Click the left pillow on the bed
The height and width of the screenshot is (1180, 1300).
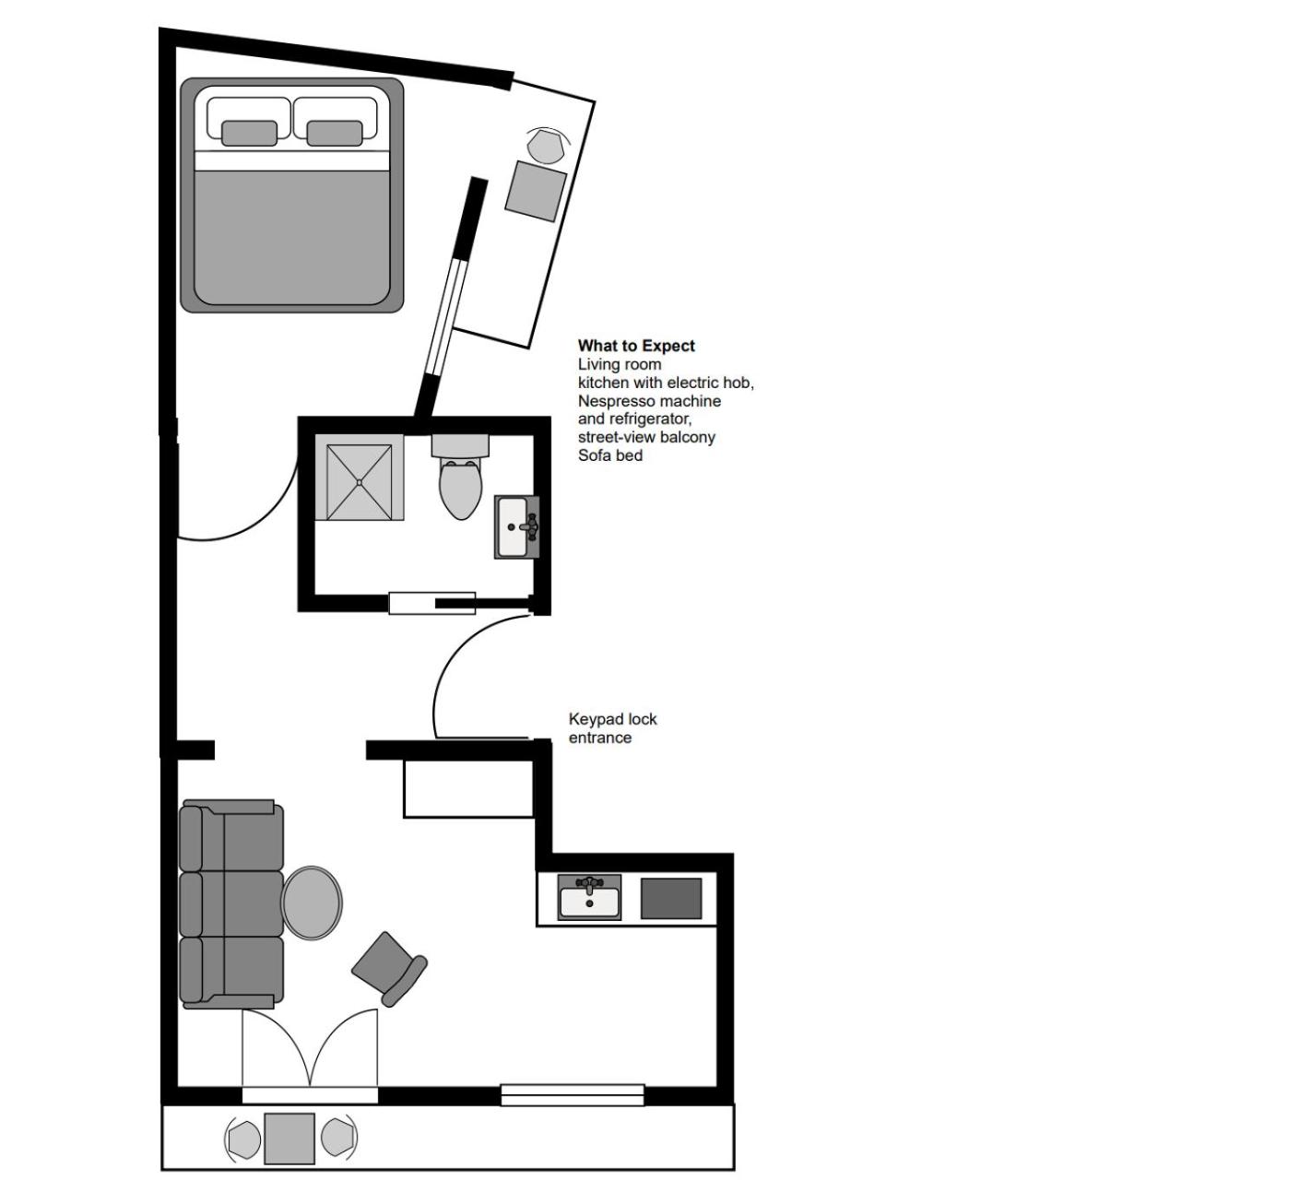[249, 133]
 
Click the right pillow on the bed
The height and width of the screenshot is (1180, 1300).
[334, 133]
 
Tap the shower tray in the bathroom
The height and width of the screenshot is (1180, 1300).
[359, 482]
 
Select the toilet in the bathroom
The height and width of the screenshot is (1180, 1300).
[460, 484]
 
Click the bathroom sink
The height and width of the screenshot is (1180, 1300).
[516, 527]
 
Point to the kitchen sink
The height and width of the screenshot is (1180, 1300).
[590, 897]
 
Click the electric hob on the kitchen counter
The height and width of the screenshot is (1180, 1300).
[670, 898]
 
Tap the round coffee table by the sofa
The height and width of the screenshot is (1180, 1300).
[312, 903]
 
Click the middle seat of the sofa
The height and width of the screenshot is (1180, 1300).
[232, 903]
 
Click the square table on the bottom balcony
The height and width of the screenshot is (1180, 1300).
[290, 1139]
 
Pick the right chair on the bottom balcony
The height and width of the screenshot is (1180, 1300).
[338, 1139]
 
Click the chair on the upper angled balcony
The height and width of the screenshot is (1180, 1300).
[548, 146]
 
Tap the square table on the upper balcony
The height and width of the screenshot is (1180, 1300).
[536, 191]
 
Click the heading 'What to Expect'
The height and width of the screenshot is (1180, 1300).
[636, 346]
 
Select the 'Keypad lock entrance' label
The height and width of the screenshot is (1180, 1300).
[612, 728]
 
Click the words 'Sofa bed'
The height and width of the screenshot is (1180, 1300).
[609, 455]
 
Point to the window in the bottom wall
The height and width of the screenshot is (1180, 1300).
[572, 1095]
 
